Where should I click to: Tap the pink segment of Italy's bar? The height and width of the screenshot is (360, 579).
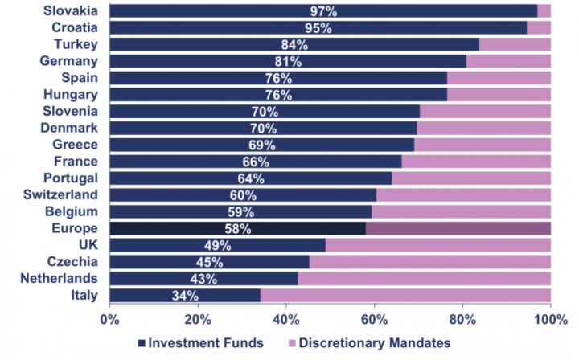coord(405,295)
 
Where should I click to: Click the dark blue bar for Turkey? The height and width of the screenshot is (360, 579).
coord(294,44)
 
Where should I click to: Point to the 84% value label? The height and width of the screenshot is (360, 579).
coord(293,45)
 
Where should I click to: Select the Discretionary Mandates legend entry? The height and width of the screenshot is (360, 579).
coord(369,343)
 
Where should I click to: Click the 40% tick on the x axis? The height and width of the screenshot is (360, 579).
coord(286,318)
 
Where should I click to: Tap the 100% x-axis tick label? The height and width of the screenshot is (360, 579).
coord(551,318)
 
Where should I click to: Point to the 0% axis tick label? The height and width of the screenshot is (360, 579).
coord(109,318)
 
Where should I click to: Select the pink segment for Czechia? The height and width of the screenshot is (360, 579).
coord(429,262)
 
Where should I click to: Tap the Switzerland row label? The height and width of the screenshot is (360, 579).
coord(62,194)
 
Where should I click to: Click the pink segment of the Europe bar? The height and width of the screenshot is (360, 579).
coord(458,228)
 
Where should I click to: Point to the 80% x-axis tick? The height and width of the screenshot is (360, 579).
coord(462,318)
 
